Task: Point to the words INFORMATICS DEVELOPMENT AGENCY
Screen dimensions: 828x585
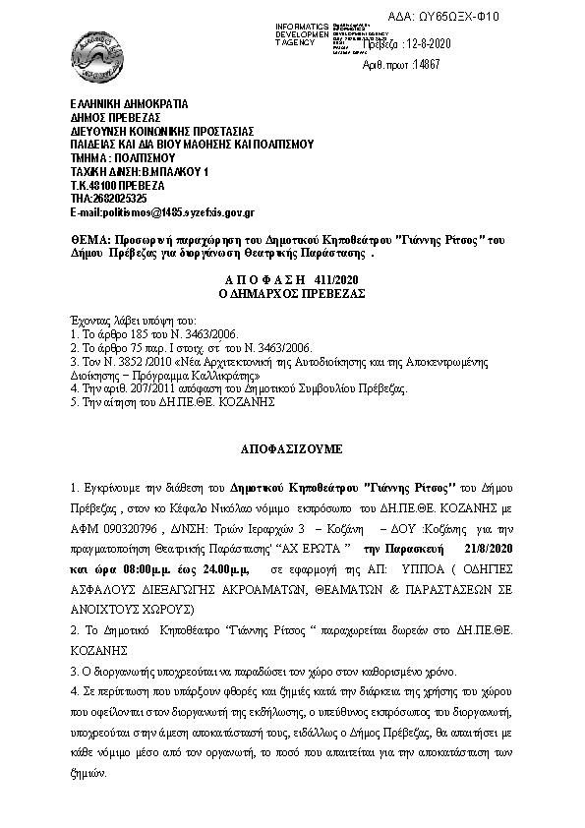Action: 278,30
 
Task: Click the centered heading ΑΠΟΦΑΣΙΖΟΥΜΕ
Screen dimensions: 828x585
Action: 291,446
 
